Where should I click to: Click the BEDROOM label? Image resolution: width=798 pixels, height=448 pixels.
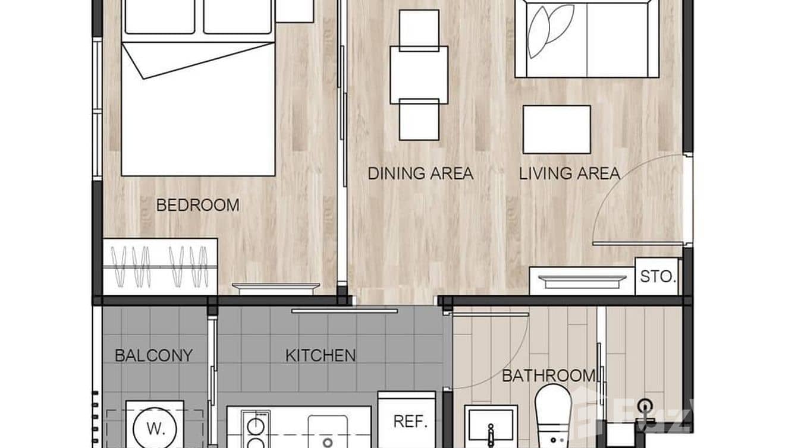tap(198, 205)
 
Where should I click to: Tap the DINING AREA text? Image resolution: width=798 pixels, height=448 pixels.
tap(420, 173)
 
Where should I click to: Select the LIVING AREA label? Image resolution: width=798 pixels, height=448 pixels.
tap(569, 173)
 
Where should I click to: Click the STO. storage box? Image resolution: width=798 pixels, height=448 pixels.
tap(656, 276)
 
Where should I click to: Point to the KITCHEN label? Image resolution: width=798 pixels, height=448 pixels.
tap(321, 355)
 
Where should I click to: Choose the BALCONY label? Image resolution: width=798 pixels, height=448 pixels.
tap(154, 355)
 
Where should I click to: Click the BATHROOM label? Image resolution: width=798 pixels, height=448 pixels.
tap(549, 376)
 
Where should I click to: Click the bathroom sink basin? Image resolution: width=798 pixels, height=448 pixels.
tap(491, 426)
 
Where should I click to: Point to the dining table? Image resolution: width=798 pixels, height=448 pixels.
tap(419, 75)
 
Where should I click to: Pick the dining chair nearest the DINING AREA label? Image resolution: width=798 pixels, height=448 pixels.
tap(419, 119)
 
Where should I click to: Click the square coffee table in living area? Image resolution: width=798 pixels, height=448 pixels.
tap(557, 130)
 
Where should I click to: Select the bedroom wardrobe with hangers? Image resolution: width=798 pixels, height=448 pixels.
tap(161, 267)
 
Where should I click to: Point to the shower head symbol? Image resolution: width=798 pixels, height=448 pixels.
tap(645, 405)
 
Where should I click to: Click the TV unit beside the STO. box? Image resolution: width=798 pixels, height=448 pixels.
tap(582, 281)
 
